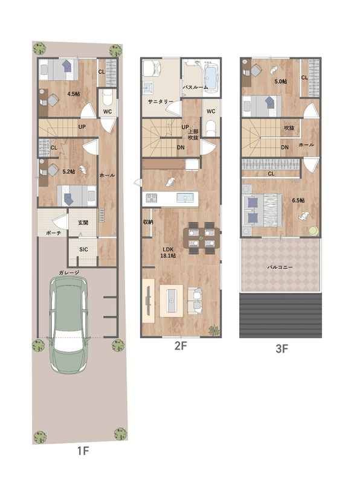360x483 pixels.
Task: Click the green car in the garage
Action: (69, 324)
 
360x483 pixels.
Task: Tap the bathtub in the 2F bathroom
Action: (211, 77)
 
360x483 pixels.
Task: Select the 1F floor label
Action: (82, 451)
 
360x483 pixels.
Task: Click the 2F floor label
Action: (181, 346)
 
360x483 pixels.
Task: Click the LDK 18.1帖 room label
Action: (168, 252)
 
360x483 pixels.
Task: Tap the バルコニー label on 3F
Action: (280, 267)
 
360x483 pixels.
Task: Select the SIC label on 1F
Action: (83, 249)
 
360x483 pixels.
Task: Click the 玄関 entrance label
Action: (83, 222)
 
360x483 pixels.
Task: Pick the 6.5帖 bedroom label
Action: (298, 200)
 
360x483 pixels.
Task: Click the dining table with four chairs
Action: (201, 238)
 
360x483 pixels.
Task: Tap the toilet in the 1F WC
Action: (108, 98)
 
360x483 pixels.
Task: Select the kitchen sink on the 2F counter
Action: (185, 197)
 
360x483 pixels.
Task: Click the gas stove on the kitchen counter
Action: (151, 197)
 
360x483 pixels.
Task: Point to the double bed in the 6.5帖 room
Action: (263, 209)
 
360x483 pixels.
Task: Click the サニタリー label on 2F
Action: (160, 102)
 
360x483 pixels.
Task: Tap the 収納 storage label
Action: (148, 222)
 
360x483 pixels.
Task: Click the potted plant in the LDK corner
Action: (214, 330)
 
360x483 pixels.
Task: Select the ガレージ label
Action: (69, 272)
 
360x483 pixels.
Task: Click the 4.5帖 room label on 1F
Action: (73, 94)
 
